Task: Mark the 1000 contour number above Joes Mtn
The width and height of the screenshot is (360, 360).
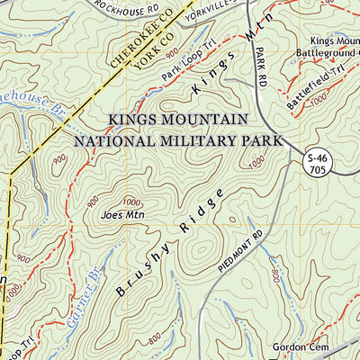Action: pos(132,202)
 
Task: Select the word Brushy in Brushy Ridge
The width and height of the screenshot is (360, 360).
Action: pos(139,274)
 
